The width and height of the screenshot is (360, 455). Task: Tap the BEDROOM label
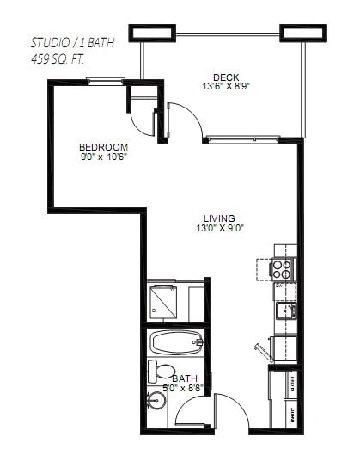103,146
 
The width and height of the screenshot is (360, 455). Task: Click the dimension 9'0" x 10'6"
103,157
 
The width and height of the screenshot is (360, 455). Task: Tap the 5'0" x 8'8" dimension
184,389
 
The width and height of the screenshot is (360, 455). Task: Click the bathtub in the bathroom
177,343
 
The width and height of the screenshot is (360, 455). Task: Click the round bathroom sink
156,401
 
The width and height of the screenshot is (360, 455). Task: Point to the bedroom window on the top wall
106,82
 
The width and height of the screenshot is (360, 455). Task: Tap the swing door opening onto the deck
182,123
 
